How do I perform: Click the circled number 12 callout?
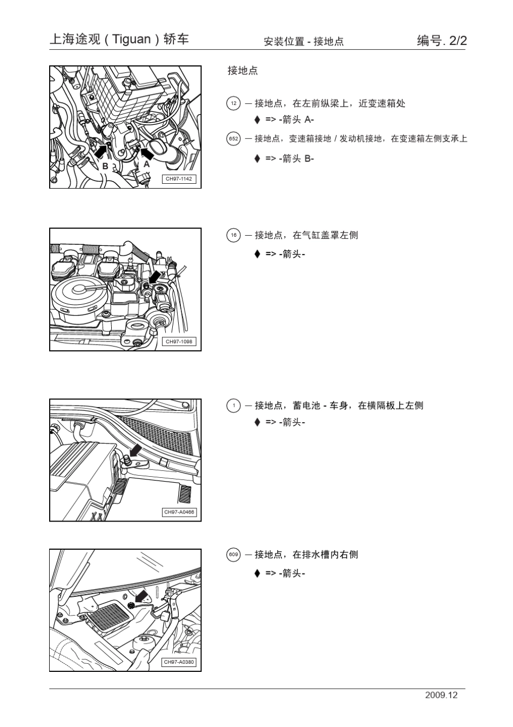(233, 104)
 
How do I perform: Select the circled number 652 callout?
(233, 139)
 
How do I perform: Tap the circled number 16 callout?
(233, 235)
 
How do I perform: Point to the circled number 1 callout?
(233, 405)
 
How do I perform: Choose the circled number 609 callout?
(233, 555)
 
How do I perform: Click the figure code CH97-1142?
(179, 179)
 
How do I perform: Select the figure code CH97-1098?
(179, 342)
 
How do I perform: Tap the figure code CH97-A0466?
(179, 512)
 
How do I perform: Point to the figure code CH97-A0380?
(179, 662)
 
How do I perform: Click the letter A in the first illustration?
(146, 164)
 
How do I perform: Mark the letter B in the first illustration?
(105, 166)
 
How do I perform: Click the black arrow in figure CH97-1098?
(154, 277)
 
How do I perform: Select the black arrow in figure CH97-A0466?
(135, 450)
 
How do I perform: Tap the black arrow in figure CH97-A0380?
(141, 597)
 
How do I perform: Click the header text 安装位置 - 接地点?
(303, 42)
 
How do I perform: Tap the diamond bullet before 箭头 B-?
(258, 158)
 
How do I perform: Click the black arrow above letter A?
(147, 153)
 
